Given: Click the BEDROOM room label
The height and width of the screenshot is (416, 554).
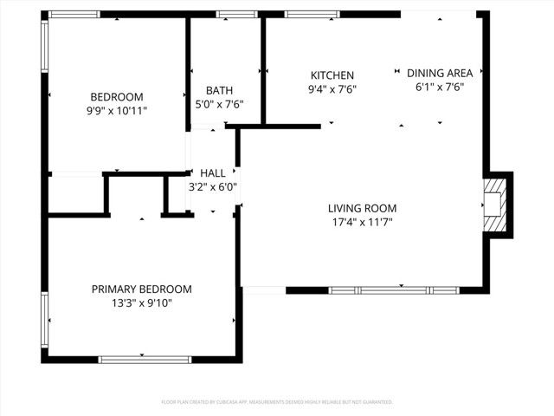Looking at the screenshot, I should [117, 97].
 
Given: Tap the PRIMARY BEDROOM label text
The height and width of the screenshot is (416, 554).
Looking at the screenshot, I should [142, 289].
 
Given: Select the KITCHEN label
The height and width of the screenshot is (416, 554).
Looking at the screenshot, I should [332, 75].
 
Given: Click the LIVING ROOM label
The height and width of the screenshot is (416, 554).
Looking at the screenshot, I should [362, 208].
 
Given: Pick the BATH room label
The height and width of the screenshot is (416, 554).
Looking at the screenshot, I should [219, 90].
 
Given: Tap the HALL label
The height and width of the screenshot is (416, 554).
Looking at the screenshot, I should [213, 172].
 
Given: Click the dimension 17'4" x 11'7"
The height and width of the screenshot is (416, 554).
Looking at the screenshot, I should [362, 222].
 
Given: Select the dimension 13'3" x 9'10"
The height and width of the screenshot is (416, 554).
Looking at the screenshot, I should [142, 303].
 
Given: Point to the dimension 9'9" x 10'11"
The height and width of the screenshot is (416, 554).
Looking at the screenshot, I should [117, 111].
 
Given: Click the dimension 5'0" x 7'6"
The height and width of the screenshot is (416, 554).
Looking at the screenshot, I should [219, 104].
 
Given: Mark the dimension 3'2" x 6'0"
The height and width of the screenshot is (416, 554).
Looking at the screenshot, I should [213, 186].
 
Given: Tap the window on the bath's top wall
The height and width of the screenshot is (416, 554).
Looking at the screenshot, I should [230, 14].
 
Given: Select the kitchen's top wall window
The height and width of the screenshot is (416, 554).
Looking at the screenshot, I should [312, 14].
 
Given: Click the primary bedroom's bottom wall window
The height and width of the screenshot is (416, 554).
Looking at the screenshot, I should [138, 359].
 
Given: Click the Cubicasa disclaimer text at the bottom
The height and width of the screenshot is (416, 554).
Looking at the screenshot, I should [277, 402].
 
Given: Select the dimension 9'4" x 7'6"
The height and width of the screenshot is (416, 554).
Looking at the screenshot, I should [332, 89].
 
